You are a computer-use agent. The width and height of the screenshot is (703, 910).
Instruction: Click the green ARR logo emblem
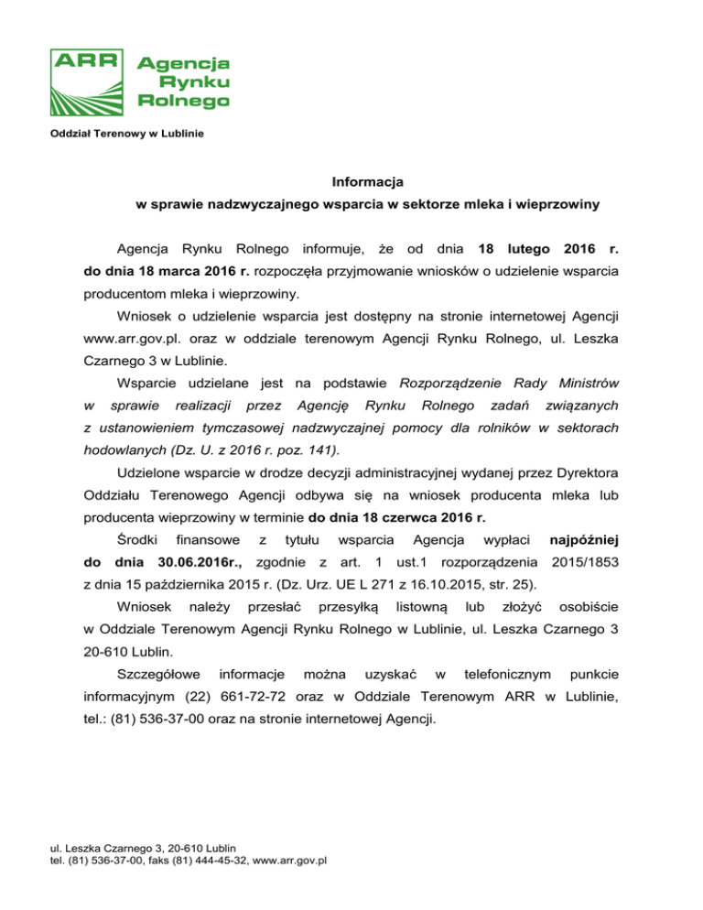(90, 81)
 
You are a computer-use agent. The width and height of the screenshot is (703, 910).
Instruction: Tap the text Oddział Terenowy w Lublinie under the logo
(126, 135)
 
